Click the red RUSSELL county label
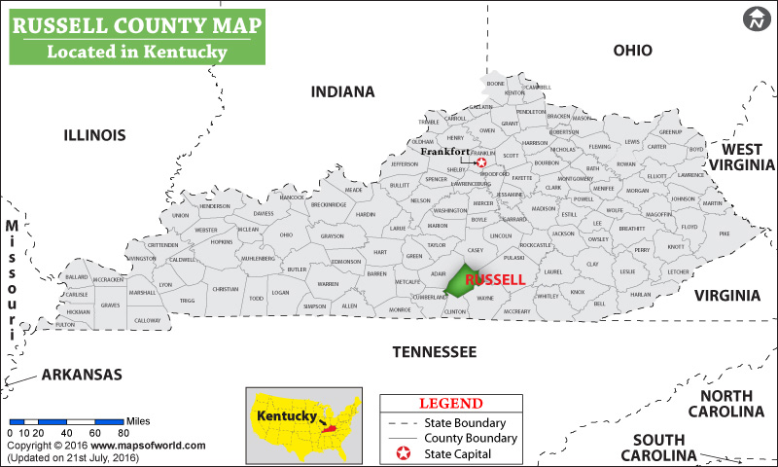[x=495, y=279]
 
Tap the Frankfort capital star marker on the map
[x=480, y=163]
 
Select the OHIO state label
[x=632, y=51]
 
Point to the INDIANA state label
[x=342, y=92]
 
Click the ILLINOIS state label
[x=94, y=134]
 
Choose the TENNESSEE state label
[x=434, y=351]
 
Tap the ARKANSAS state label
[x=81, y=375]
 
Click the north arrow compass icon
[x=756, y=18]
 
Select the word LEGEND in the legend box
[x=450, y=403]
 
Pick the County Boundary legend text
[x=472, y=439]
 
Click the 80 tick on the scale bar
[x=124, y=432]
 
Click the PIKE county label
[x=724, y=233]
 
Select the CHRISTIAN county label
[x=226, y=289]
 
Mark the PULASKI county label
[x=513, y=258]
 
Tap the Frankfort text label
[x=444, y=152]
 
